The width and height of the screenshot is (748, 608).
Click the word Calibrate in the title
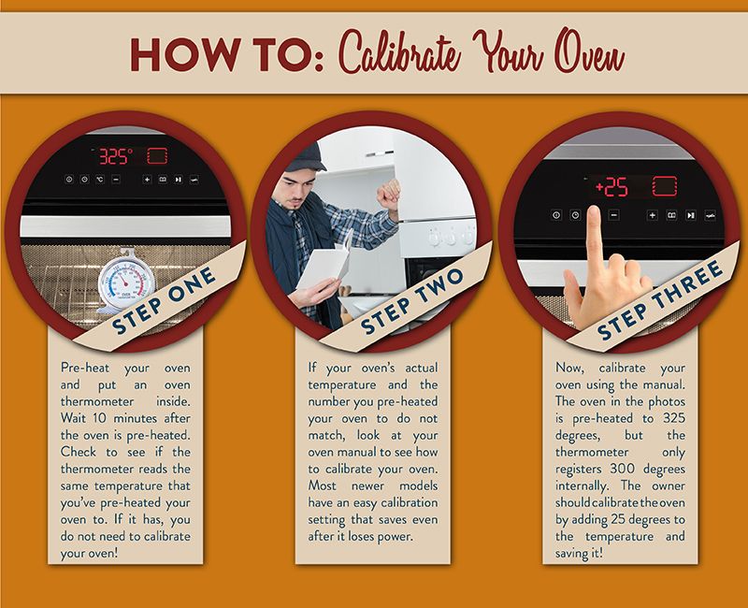click(x=401, y=52)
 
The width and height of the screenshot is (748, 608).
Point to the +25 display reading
click(x=611, y=187)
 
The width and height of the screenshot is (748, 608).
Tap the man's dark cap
click(x=306, y=158)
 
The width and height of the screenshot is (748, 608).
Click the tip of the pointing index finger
click(x=594, y=208)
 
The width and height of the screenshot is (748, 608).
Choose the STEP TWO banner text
click(x=411, y=300)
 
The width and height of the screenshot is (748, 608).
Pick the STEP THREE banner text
click(x=661, y=299)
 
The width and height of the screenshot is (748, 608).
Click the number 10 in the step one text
click(x=99, y=418)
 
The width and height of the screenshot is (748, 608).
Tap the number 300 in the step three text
click(x=623, y=469)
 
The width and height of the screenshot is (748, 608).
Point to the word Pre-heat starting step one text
click(x=85, y=368)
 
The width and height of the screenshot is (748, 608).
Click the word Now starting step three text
click(x=569, y=368)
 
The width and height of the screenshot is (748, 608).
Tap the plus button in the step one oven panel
click(x=147, y=180)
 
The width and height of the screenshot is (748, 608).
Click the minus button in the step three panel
click(x=614, y=215)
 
